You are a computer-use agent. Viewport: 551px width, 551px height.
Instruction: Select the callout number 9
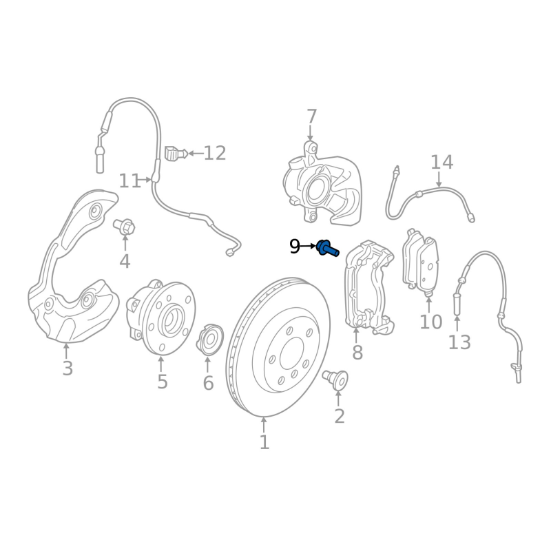295,247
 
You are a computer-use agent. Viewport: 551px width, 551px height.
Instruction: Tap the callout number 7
311,116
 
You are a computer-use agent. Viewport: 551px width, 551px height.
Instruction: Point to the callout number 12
215,153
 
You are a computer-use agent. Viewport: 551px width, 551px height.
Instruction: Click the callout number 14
441,163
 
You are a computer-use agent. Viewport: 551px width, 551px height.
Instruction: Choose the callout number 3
67,368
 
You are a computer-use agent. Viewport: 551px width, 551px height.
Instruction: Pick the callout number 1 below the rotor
264,442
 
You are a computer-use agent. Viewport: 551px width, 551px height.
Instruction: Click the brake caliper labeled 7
320,183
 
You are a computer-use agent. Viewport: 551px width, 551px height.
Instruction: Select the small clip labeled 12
175,152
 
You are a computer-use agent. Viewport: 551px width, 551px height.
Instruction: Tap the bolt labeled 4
125,226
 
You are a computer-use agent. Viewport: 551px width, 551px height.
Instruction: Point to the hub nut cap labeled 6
209,340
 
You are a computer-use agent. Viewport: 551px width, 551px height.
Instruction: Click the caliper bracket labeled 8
368,282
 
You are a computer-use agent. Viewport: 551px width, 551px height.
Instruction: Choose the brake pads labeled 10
420,265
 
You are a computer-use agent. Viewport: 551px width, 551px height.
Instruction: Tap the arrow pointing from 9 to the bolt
309,246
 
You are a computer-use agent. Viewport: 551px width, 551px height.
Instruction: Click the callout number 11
129,181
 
